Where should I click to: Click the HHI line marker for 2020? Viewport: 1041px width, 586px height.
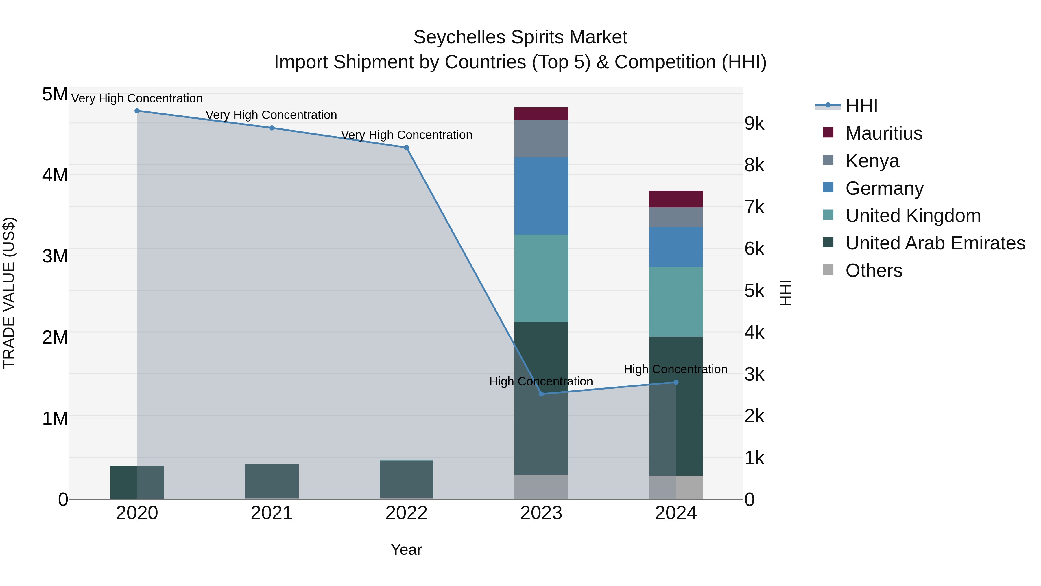tap(137, 111)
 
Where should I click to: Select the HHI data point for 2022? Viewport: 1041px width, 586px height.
tap(407, 148)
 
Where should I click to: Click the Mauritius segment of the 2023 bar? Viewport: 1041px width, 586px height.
tap(541, 114)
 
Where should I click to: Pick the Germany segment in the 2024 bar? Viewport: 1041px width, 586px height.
tap(676, 247)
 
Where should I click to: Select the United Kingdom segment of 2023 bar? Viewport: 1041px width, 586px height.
tap(541, 278)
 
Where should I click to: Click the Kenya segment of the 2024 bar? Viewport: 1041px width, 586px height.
tap(676, 217)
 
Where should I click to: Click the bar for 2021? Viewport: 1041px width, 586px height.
tap(272, 481)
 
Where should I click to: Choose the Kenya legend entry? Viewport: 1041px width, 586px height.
tap(872, 161)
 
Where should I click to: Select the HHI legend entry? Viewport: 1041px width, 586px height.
tap(861, 106)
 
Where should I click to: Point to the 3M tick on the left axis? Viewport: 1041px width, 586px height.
tap(55, 256)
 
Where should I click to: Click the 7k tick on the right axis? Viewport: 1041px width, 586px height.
tap(754, 207)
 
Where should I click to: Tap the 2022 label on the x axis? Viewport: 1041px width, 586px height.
tap(407, 513)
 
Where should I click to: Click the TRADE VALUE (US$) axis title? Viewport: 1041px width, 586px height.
tap(9, 293)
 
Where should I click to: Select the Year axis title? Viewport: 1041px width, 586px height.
tap(406, 550)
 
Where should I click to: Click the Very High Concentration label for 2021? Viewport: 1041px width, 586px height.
tap(271, 115)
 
